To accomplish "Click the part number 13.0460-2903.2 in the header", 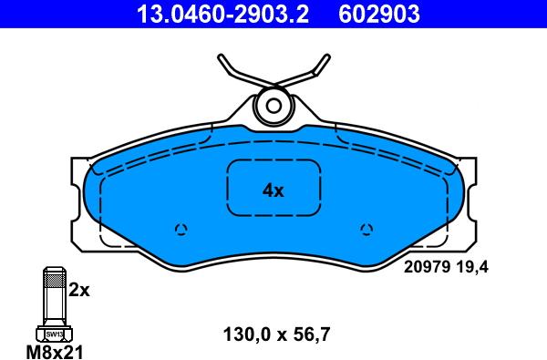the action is click(222, 15).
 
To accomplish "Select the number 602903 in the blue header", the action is click(379, 15).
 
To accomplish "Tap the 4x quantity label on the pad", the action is click(273, 190).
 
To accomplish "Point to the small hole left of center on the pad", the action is click(181, 229).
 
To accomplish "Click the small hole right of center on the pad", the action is click(366, 229).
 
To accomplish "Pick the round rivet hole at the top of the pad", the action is click(273, 106).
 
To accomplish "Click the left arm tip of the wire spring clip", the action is click(221, 57).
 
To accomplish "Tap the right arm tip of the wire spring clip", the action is click(327, 57).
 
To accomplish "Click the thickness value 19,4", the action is click(471, 268).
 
